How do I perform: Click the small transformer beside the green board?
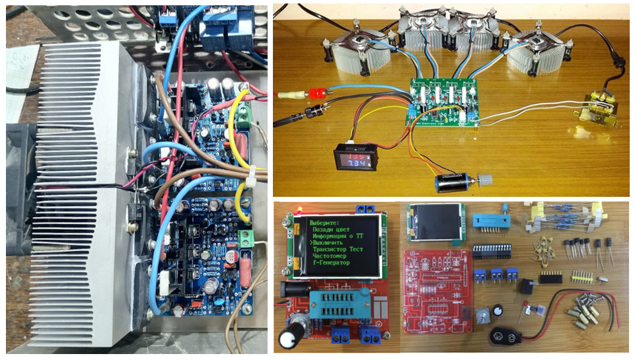click(x=599, y=108)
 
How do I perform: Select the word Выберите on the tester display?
click(x=323, y=223)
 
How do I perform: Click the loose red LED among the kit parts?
click(x=526, y=308)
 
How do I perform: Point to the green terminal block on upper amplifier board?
click(x=244, y=113)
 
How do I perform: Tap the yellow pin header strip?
click(x=579, y=273)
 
